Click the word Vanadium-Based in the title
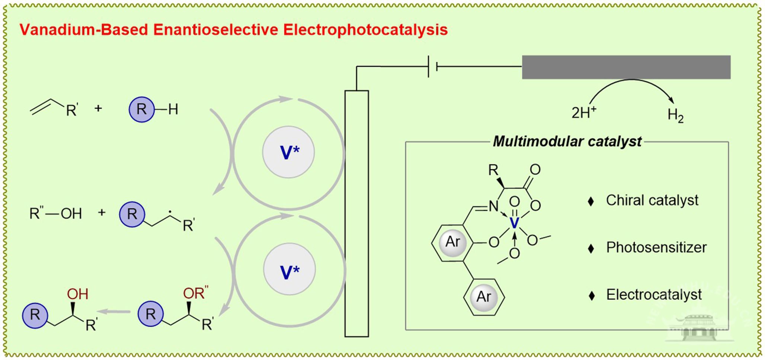[84, 30]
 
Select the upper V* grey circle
[288, 152]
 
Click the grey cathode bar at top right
[626, 67]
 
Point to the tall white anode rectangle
[356, 213]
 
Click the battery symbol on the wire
[432, 67]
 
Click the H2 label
[675, 115]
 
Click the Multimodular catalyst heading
[567, 142]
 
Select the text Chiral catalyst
[652, 200]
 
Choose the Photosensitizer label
[656, 248]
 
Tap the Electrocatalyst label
[654, 295]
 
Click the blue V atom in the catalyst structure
[514, 224]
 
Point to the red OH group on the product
[77, 294]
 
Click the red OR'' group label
[195, 293]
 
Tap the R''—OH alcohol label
[55, 214]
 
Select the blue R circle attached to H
[141, 109]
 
